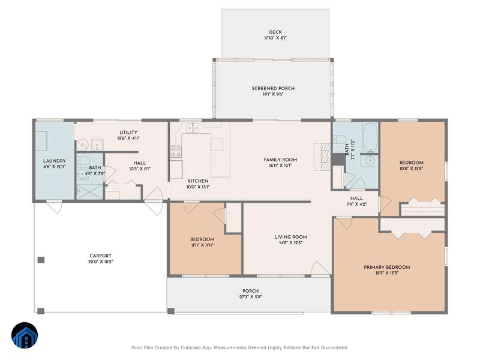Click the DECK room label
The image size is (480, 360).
click(x=275, y=32)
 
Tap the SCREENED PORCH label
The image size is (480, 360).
click(x=273, y=88)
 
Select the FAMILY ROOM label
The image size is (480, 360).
click(x=280, y=160)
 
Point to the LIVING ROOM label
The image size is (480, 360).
click(x=290, y=237)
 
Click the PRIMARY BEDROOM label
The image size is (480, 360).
click(x=386, y=267)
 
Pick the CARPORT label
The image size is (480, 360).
click(x=100, y=256)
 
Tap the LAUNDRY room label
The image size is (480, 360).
click(x=55, y=161)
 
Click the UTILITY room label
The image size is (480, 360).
click(x=128, y=133)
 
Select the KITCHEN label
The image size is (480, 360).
click(x=198, y=181)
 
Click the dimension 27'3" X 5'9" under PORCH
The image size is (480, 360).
click(x=250, y=296)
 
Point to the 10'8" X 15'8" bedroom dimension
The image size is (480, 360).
click(x=411, y=169)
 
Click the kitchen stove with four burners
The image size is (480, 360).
click(x=176, y=152)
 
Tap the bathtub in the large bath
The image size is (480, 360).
click(x=370, y=137)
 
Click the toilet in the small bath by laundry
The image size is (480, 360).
click(x=82, y=160)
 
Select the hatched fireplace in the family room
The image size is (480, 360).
click(x=326, y=156)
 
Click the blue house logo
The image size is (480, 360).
click(x=25, y=335)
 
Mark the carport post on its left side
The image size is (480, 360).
click(x=41, y=260)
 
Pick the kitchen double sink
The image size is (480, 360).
click(x=193, y=128)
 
